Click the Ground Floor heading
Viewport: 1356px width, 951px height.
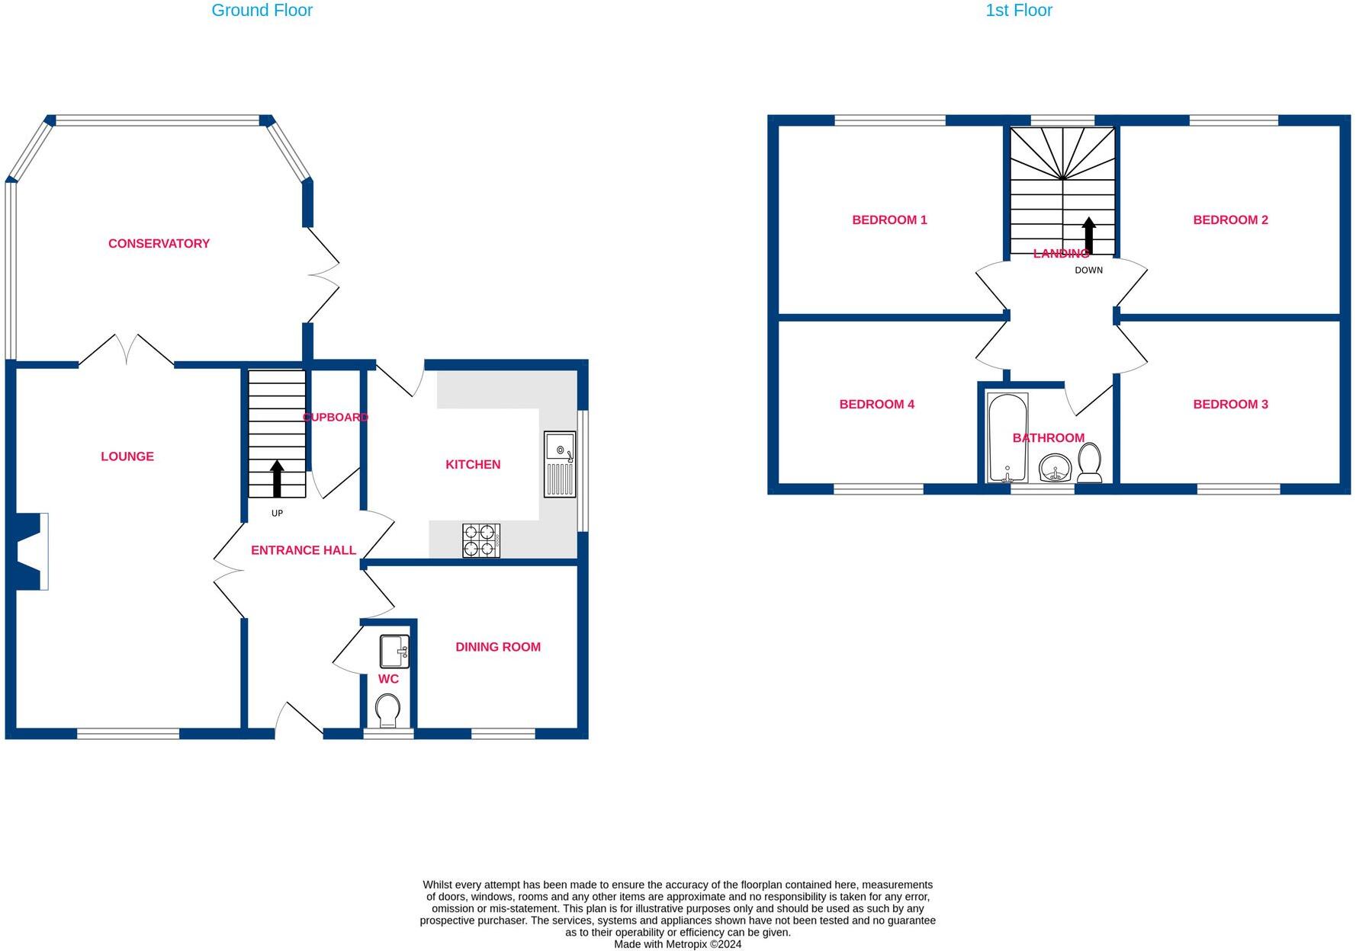tap(262, 11)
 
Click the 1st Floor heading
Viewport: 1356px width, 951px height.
tap(1018, 11)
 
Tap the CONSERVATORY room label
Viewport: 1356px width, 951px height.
tap(159, 244)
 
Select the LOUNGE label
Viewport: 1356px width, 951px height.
tap(127, 456)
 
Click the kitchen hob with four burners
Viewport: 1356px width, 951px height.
tap(481, 540)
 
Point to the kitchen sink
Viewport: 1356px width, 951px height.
tap(560, 464)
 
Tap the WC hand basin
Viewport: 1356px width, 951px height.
tap(394, 652)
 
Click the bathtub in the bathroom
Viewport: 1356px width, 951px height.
tap(1007, 437)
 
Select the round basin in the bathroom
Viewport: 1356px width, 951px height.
tap(1056, 468)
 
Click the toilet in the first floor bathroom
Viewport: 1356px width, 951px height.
tap(1089, 463)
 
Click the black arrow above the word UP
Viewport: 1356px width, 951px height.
tap(277, 479)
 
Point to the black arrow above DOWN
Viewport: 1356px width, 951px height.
tap(1089, 235)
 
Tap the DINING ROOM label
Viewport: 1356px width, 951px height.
tap(498, 647)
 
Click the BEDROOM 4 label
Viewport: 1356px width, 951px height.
tap(876, 405)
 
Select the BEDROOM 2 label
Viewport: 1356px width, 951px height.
tap(1230, 220)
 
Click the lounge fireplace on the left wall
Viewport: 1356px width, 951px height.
tap(29, 551)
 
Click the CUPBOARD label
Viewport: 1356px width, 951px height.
tap(336, 418)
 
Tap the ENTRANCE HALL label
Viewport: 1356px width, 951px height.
tap(304, 550)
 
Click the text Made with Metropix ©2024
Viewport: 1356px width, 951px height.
tap(677, 944)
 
